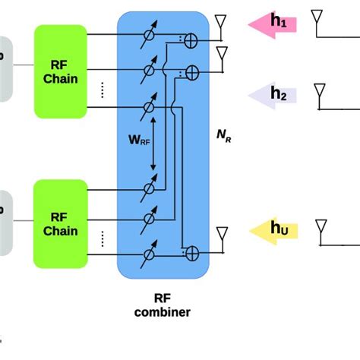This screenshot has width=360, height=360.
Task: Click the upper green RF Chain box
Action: click(x=61, y=71)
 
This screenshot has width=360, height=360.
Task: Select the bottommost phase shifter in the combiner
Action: click(x=149, y=254)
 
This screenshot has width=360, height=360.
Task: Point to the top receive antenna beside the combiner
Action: click(x=221, y=26)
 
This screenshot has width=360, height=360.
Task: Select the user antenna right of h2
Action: click(x=317, y=93)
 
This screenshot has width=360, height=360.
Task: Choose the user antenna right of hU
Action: click(x=317, y=228)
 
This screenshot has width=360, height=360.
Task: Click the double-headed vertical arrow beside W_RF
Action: click(x=153, y=145)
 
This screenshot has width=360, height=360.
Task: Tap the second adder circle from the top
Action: click(x=192, y=73)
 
